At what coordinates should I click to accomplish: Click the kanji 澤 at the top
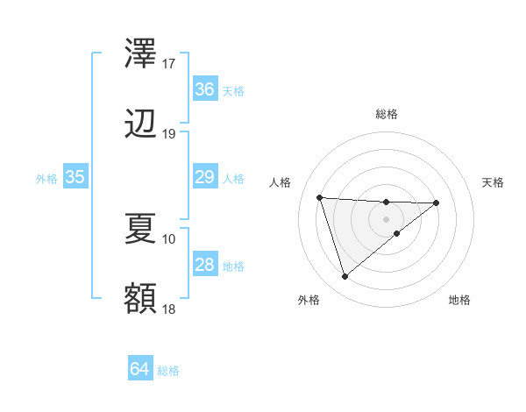(140, 54)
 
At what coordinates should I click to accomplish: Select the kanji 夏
(140, 228)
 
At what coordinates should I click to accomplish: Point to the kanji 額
(140, 299)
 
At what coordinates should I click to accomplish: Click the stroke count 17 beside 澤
(169, 64)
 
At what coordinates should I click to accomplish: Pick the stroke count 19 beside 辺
(169, 134)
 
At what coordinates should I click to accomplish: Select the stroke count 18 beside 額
(169, 309)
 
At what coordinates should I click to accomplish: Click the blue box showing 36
(204, 89)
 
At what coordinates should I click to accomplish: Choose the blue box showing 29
(204, 177)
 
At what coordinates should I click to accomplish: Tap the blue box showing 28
(204, 265)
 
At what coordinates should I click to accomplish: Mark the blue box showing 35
(75, 177)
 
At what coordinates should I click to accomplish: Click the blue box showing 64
(139, 369)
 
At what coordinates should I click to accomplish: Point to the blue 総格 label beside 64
(168, 371)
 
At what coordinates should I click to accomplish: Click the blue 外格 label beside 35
(46, 179)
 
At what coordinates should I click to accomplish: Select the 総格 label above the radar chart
(387, 114)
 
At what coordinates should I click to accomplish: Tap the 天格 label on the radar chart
(494, 182)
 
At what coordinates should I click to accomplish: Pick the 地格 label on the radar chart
(459, 301)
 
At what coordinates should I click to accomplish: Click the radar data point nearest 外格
(345, 277)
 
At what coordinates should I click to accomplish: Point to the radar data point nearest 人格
(320, 197)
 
